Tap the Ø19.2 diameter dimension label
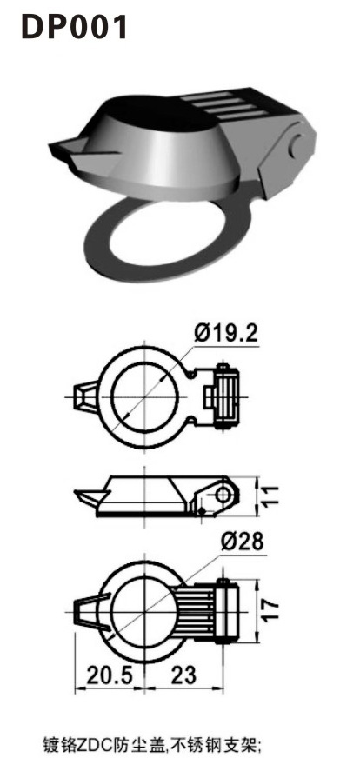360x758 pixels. pos(225,332)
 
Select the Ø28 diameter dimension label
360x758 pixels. pos(242,541)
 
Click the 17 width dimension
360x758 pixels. pos(272,607)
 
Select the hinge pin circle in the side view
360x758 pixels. pos(223,495)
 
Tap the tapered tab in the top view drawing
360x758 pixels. pos(88,396)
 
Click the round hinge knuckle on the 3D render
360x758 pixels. pos(299,143)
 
